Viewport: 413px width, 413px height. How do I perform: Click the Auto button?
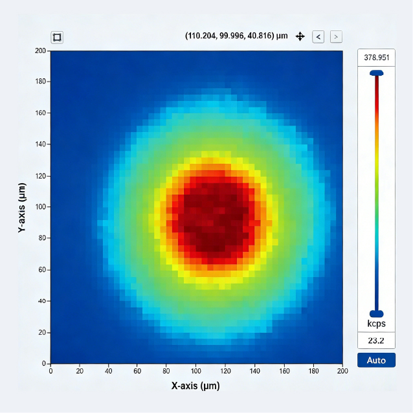pyautogui.click(x=376, y=360)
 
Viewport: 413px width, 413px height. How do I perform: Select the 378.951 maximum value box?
pyautogui.click(x=376, y=58)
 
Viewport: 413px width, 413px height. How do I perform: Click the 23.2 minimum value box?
pyautogui.click(x=376, y=340)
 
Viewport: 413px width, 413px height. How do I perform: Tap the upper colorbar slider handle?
pyautogui.click(x=376, y=73)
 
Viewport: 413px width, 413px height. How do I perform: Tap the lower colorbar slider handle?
pyautogui.click(x=376, y=313)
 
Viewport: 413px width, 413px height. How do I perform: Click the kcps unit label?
pyautogui.click(x=376, y=323)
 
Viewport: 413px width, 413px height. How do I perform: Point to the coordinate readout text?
pyautogui.click(x=236, y=36)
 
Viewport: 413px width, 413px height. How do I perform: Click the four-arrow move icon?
pyautogui.click(x=300, y=37)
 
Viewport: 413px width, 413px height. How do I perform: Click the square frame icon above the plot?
pyautogui.click(x=57, y=37)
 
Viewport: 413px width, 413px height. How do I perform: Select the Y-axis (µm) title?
pyautogui.click(x=21, y=207)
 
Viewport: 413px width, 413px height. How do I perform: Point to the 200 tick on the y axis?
pyautogui.click(x=40, y=50)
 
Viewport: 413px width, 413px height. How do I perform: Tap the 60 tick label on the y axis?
pyautogui.click(x=42, y=270)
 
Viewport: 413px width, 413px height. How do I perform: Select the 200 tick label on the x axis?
pyautogui.click(x=342, y=372)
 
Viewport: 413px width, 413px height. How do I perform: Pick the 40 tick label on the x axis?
pyautogui.click(x=109, y=372)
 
